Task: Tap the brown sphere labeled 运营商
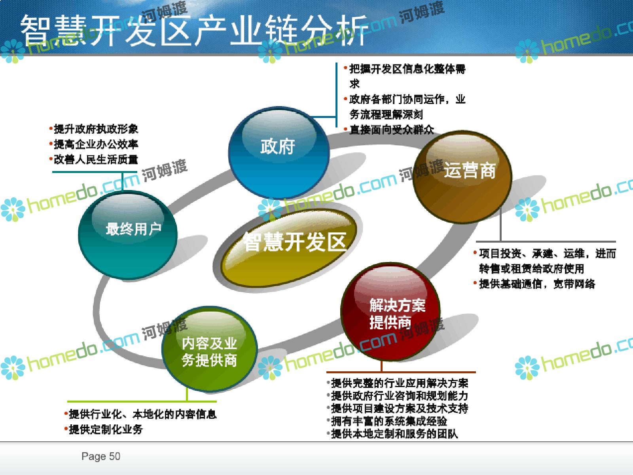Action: [x=462, y=177]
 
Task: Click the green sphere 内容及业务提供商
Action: [x=209, y=349]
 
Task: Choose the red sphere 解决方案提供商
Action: [x=390, y=312]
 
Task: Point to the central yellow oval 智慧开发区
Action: [x=289, y=248]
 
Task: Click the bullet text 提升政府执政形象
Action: [x=96, y=129]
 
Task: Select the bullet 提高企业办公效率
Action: [x=96, y=144]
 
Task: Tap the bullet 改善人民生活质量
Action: [x=96, y=160]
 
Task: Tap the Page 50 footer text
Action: [x=100, y=456]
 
